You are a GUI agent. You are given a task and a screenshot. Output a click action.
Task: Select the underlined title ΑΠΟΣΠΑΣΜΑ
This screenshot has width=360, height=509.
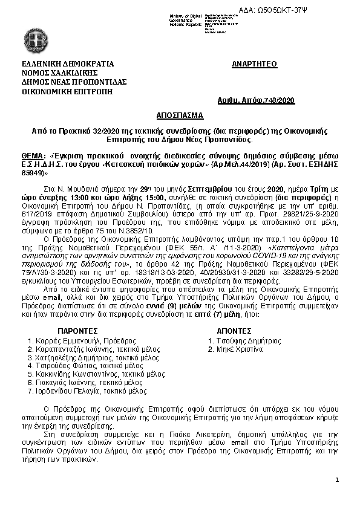(x=179, y=114)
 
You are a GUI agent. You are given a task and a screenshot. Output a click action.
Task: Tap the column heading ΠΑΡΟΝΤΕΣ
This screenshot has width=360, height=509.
(x=77, y=332)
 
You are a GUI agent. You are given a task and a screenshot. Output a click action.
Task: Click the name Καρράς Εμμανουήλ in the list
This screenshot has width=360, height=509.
(x=63, y=341)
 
